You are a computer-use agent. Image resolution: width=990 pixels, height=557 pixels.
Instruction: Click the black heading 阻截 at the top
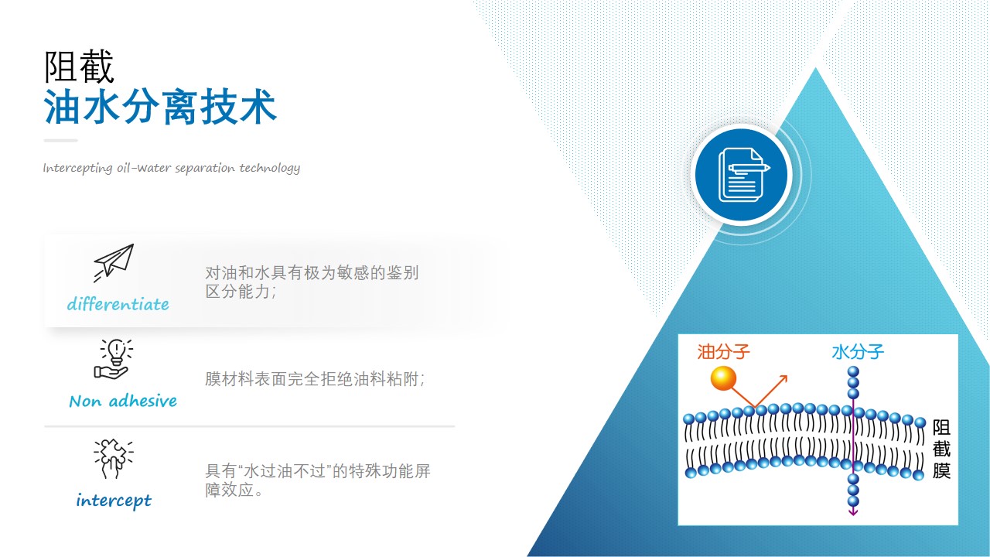79,67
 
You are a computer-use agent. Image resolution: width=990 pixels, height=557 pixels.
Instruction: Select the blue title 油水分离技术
160,107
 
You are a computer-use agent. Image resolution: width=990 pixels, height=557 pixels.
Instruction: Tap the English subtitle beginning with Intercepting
172,168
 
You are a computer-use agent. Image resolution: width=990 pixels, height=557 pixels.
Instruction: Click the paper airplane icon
114,262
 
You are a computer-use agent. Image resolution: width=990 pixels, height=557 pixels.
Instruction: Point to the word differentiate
118,304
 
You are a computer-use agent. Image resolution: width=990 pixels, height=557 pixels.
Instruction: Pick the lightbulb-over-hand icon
114,359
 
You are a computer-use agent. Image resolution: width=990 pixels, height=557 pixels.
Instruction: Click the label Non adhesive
123,401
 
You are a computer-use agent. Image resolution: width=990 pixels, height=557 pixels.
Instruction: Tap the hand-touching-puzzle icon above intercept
114,459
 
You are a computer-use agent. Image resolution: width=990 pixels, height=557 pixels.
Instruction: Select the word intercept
114,501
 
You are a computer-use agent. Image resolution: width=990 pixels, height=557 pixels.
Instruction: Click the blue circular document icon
741,175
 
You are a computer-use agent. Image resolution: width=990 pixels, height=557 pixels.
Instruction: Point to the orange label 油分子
723,352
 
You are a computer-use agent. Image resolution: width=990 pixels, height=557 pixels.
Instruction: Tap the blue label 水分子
858,352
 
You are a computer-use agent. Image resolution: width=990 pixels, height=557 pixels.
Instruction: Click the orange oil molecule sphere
723,379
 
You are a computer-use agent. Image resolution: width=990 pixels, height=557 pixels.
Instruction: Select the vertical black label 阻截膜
941,449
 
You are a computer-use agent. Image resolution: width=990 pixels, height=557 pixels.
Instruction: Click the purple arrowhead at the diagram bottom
853,511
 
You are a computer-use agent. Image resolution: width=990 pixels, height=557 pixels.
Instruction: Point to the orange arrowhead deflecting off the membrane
783,379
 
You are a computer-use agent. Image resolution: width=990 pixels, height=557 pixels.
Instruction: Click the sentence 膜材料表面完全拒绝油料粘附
315,379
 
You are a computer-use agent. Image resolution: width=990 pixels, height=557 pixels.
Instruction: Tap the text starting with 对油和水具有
312,282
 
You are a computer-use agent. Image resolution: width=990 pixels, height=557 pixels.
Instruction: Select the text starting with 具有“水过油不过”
317,480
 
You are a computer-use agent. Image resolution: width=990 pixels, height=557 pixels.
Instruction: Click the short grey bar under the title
60,141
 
